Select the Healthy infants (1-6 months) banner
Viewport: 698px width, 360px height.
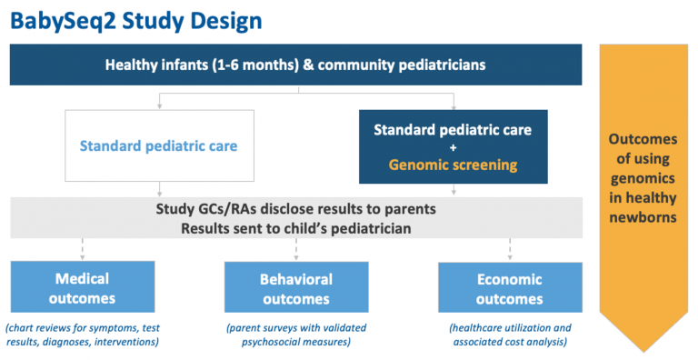296,65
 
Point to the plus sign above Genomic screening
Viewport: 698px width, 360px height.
454,147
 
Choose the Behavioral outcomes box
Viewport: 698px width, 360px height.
295,287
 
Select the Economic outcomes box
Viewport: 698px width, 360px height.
509,287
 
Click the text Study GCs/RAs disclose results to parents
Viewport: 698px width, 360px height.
296,209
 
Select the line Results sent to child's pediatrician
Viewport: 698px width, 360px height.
296,228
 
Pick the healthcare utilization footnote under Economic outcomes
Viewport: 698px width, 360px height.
509,334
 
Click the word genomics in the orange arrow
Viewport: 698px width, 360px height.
646,179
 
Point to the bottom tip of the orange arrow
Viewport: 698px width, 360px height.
646,349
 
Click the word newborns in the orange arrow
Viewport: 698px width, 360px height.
646,219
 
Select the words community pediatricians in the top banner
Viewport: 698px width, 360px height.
408,65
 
